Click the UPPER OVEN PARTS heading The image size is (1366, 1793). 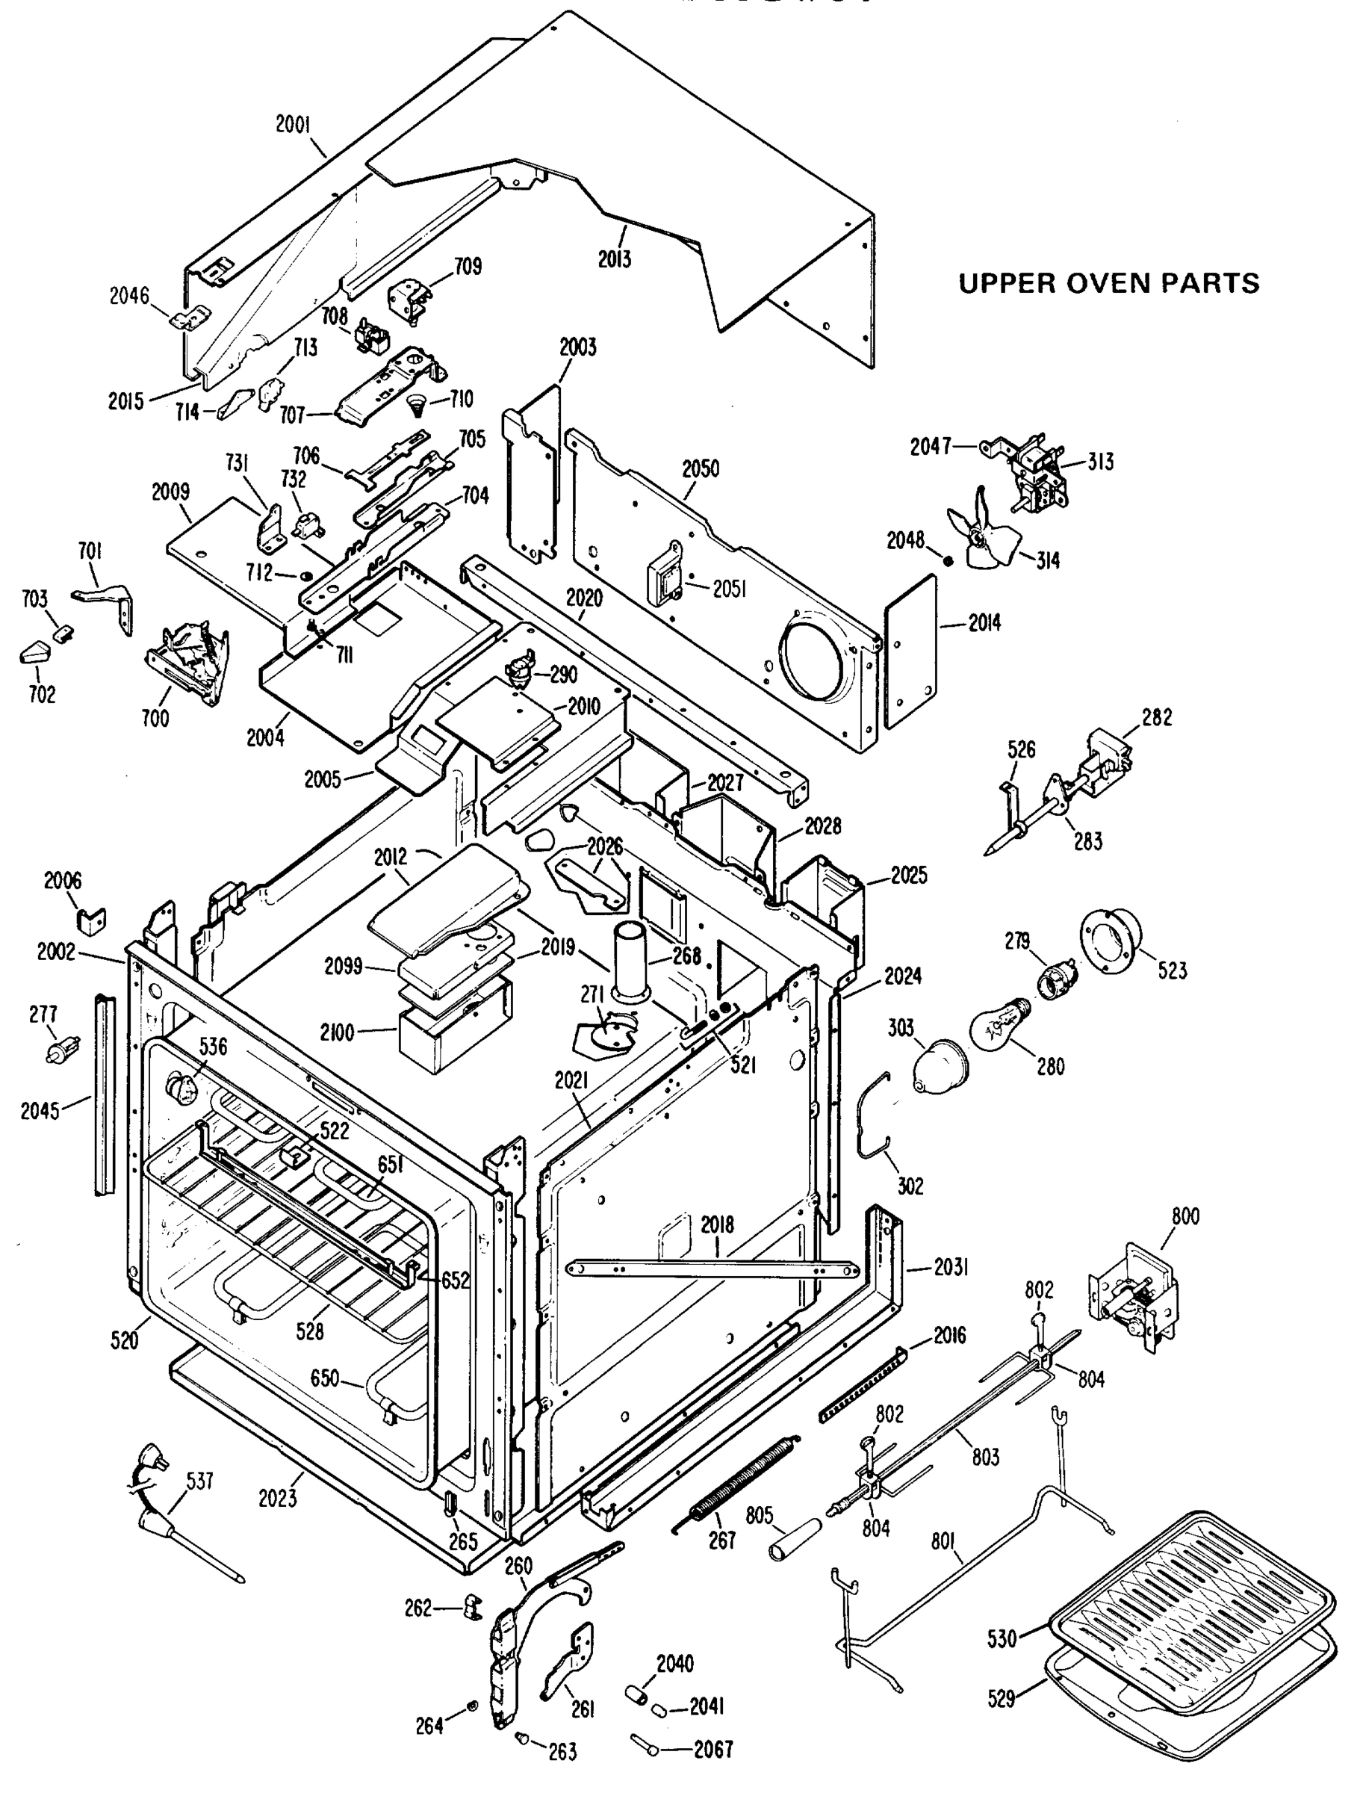1108,283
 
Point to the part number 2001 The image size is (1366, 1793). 293,125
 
